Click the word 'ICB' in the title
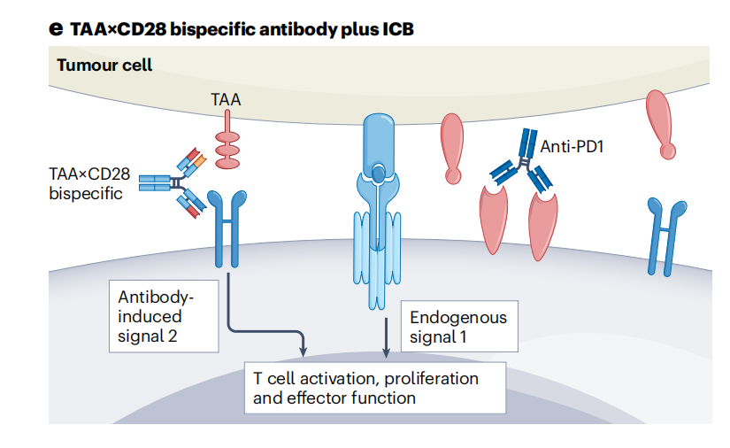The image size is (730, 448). tap(396, 28)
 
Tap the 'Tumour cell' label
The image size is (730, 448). tap(104, 65)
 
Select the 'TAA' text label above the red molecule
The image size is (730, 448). tap(226, 101)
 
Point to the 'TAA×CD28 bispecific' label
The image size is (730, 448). tap(88, 183)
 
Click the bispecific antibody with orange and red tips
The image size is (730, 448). tap(181, 183)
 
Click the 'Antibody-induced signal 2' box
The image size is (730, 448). tap(163, 317)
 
